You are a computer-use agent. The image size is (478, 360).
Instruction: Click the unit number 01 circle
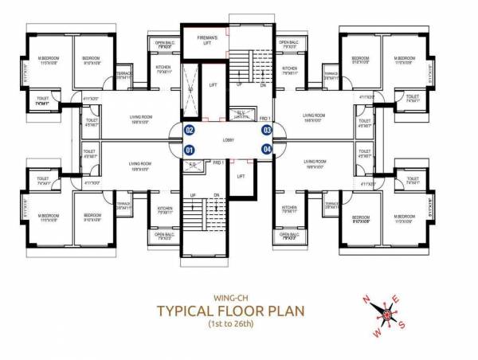pyautogui.click(x=190, y=149)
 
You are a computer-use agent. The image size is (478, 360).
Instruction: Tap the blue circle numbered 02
pyautogui.click(x=190, y=130)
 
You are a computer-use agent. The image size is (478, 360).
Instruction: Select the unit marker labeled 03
pyautogui.click(x=267, y=130)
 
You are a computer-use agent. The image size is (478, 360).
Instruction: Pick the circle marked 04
pyautogui.click(x=267, y=149)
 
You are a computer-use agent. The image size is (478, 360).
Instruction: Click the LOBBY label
pyautogui.click(x=229, y=139)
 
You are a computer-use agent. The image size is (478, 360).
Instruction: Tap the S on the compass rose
pyautogui.click(x=403, y=324)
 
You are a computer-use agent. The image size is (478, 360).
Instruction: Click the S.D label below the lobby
pyautogui.click(x=193, y=165)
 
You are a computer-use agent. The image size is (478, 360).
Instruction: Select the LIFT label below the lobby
pyautogui.click(x=241, y=176)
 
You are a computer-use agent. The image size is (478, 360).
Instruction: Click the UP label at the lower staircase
pyautogui.click(x=192, y=196)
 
